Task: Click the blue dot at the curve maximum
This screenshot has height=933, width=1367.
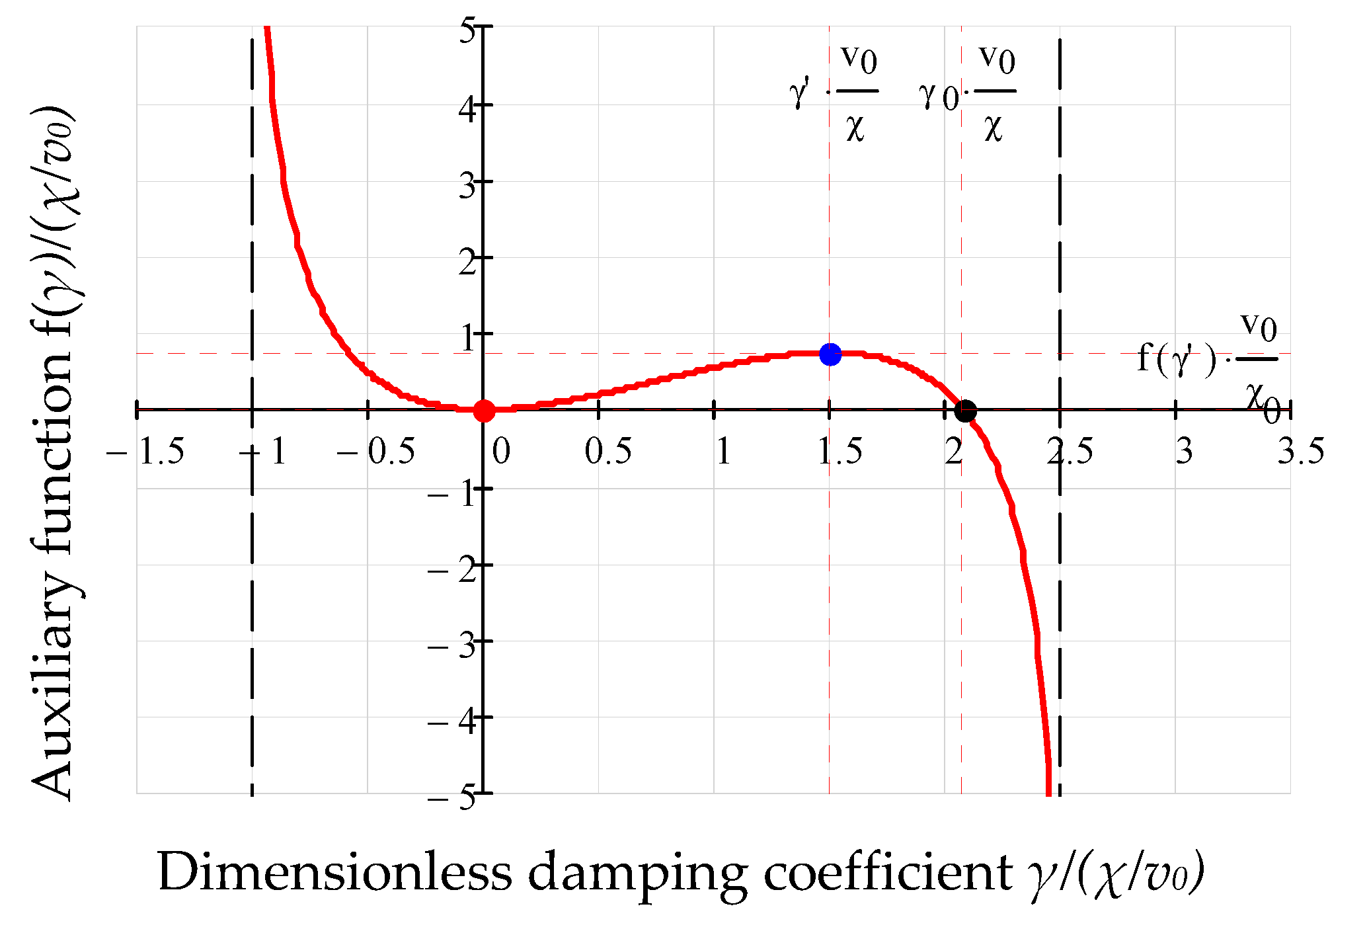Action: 830,354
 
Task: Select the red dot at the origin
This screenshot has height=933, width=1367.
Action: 484,411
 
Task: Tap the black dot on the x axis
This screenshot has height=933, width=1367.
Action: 965,411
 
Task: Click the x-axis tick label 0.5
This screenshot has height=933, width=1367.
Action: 607,452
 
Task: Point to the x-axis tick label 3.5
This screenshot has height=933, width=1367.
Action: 1300,452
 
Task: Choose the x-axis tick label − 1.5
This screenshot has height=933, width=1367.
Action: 146,452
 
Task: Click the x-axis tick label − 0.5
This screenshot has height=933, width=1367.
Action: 376,452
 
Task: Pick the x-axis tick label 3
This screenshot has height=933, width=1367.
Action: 1184,452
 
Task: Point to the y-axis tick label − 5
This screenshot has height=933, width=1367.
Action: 452,797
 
